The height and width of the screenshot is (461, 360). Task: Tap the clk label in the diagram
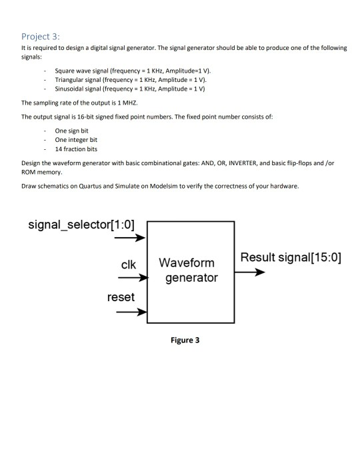pos(128,264)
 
